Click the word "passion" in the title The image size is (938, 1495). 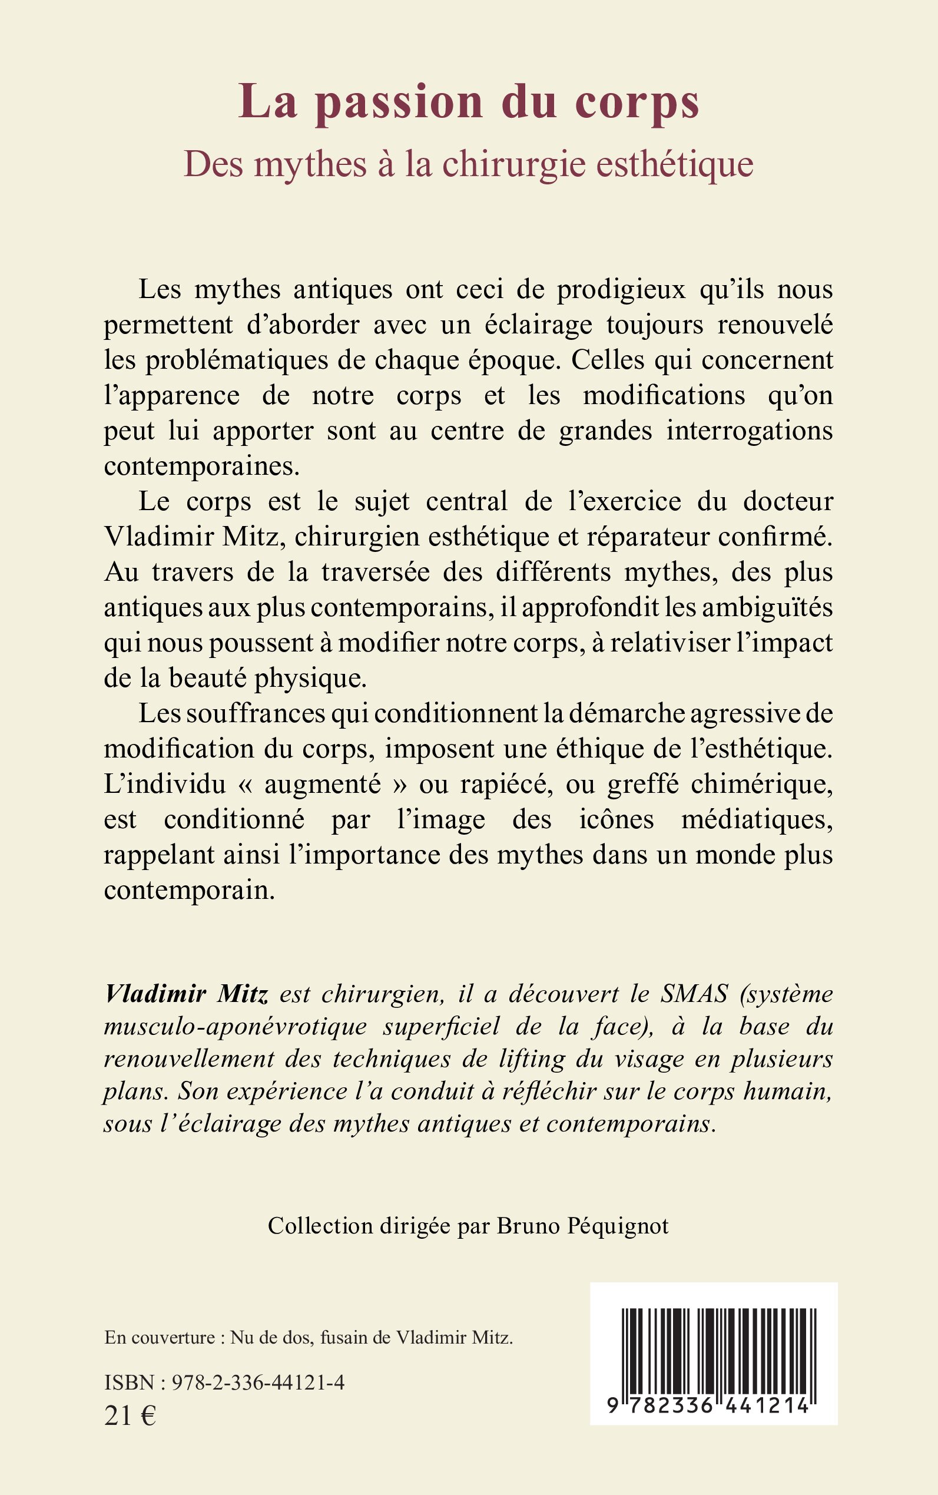coord(399,102)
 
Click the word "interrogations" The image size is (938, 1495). coord(750,431)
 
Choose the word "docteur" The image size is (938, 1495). coord(788,501)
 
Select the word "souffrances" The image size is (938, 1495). coord(256,714)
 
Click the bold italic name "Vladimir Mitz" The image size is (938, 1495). coord(186,994)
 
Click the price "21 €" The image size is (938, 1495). coord(130,1416)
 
